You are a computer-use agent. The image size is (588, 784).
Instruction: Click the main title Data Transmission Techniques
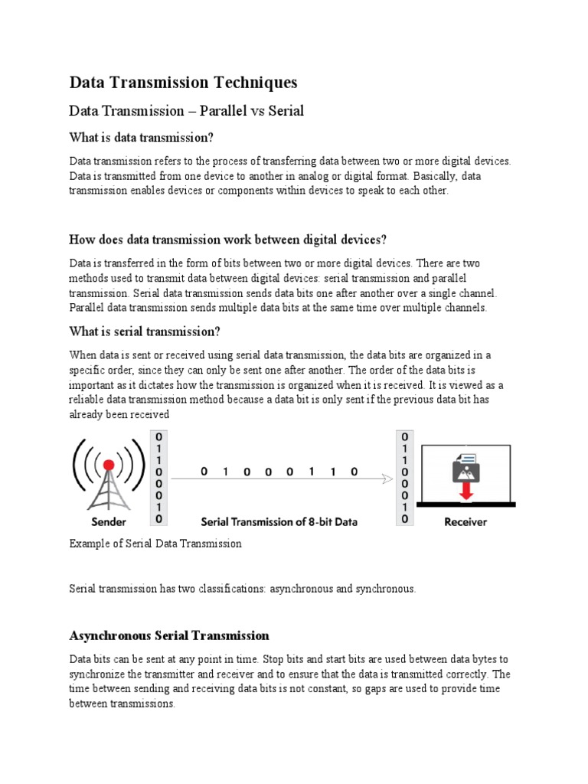click(183, 82)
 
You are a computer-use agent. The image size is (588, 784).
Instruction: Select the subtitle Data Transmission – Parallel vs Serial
click(186, 111)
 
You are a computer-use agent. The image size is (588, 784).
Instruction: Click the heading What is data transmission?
click(141, 138)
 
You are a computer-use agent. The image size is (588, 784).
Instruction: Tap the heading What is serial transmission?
click(145, 332)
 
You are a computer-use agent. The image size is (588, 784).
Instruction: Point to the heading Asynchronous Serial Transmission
click(169, 635)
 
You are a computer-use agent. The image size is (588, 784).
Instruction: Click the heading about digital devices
click(222, 240)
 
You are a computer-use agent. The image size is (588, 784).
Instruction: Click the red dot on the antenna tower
click(109, 465)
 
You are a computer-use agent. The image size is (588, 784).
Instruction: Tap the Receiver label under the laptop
click(465, 522)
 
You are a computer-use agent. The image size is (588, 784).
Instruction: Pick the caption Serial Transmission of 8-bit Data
click(279, 522)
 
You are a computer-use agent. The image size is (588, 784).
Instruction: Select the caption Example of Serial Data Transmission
click(155, 544)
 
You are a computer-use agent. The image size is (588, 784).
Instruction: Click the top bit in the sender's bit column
click(158, 436)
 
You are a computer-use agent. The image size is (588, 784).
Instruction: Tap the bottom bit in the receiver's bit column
click(403, 519)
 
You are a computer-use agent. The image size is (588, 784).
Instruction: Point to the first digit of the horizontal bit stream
click(204, 472)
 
